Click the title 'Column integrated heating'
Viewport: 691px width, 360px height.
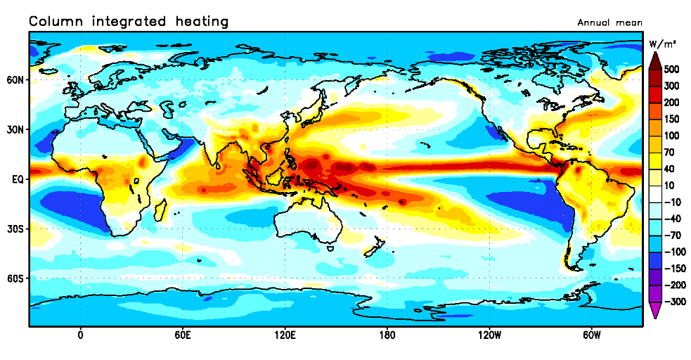[129, 22]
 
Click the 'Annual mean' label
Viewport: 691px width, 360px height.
[609, 22]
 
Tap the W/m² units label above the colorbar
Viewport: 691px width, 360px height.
[661, 44]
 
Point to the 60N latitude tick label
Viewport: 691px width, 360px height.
[15, 80]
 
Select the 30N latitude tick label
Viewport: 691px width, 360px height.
[15, 130]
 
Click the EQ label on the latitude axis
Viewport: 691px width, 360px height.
[19, 179]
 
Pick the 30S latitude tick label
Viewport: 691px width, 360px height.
[15, 229]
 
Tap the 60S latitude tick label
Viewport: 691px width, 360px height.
[15, 278]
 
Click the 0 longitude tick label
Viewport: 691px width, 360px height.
[80, 335]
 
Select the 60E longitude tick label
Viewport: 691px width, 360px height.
[182, 335]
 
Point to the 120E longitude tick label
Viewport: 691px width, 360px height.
[285, 335]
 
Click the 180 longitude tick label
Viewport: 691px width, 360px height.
[387, 335]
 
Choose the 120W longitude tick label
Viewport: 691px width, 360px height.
[489, 335]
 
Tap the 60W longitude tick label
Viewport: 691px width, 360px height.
[591, 335]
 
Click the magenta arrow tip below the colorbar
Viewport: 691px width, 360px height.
[654, 315]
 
